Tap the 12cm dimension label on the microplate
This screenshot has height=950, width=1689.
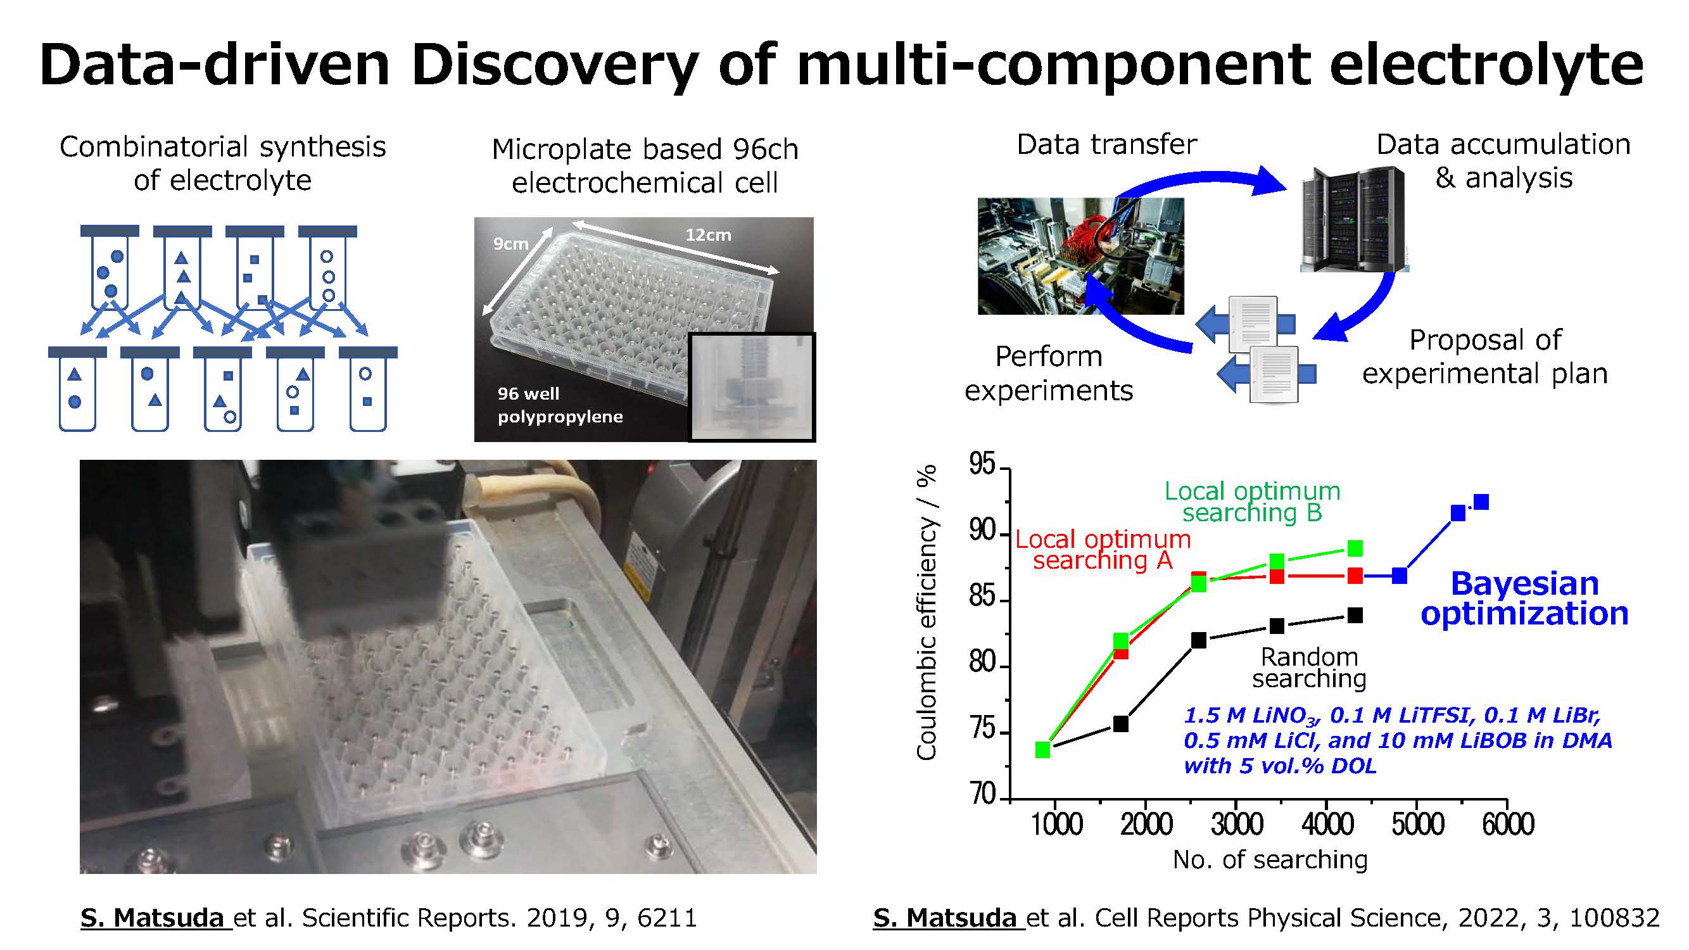(708, 235)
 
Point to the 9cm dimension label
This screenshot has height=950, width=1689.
(511, 244)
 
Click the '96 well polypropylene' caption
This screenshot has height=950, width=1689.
(560, 405)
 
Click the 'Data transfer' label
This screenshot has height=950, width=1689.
(1107, 144)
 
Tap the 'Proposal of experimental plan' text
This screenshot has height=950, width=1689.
(1485, 357)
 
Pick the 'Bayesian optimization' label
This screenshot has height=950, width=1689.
(1524, 598)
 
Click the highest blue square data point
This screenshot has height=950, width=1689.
(1481, 502)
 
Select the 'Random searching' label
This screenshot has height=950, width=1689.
(1309, 668)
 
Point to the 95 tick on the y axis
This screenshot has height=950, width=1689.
(982, 464)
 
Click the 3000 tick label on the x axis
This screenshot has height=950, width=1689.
(1237, 824)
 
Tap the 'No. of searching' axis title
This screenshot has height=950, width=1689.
(1270, 859)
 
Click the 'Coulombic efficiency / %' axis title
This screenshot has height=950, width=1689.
(927, 613)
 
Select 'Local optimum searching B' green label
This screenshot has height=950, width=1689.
(1252, 502)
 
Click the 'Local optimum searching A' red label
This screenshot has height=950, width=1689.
(1103, 549)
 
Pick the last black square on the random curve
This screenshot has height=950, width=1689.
(1355, 616)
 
